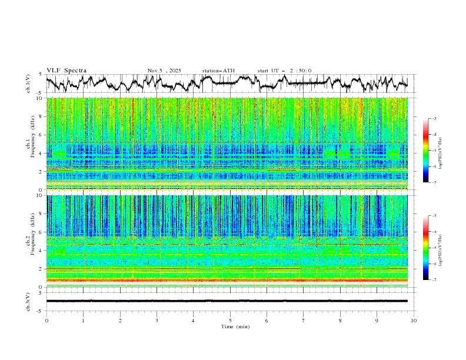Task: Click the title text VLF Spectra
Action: click(x=66, y=71)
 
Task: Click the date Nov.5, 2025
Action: click(x=164, y=71)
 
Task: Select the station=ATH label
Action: click(x=218, y=71)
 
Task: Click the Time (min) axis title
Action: click(x=230, y=326)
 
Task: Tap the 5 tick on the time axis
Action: click(x=230, y=320)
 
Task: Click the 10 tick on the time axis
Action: click(x=414, y=320)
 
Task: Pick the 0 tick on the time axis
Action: click(x=46, y=320)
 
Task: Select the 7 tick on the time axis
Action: click(x=304, y=320)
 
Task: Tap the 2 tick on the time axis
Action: click(x=120, y=320)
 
